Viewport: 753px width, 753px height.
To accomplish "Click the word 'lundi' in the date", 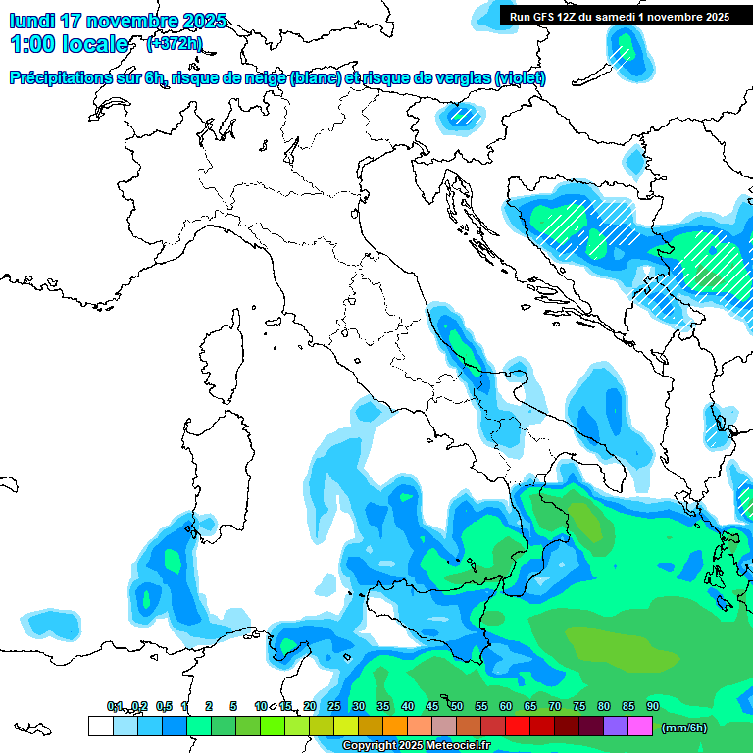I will (31, 21).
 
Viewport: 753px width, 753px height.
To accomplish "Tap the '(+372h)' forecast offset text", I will (175, 43).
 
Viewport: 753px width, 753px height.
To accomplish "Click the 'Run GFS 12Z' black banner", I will (619, 16).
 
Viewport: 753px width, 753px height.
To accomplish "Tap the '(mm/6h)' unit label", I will (685, 727).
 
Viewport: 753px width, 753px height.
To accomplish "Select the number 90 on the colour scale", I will (652, 706).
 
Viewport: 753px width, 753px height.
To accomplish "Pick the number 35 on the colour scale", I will (382, 706).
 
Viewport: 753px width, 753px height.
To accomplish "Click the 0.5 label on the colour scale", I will (163, 706).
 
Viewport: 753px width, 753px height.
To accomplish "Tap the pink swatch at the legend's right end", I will (640, 726).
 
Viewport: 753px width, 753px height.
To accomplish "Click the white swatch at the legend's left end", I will (100, 726).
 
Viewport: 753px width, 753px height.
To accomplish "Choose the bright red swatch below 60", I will (518, 726).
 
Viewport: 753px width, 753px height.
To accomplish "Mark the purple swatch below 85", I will (616, 726).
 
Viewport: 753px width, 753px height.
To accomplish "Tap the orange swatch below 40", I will (395, 726).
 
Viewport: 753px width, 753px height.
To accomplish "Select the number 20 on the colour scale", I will (309, 706).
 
